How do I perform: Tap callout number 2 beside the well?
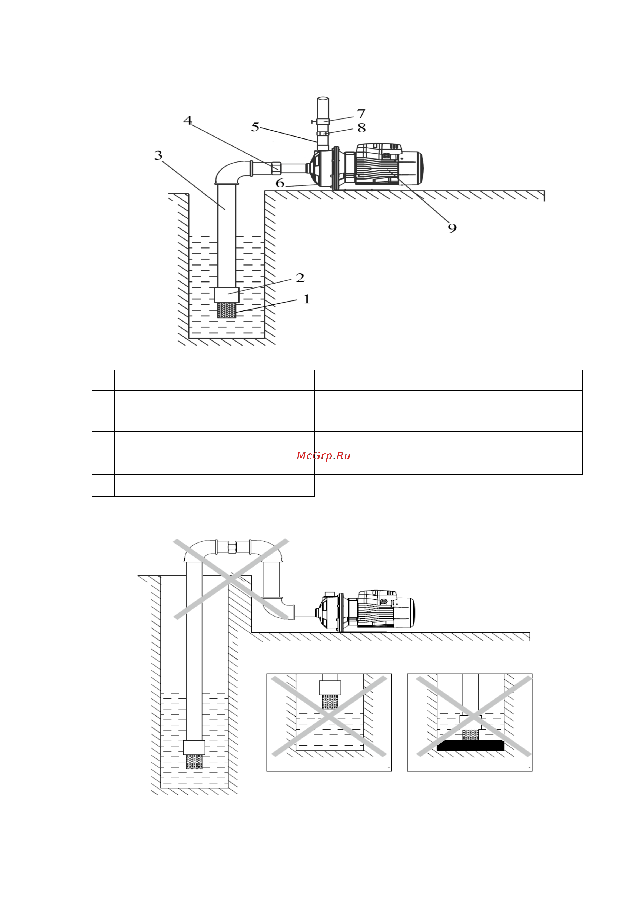click(x=300, y=278)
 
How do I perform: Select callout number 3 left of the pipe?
click(x=158, y=155)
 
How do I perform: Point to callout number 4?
click(x=188, y=120)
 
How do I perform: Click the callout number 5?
click(x=255, y=127)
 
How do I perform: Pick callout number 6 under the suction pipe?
click(x=280, y=183)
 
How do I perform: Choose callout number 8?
click(x=361, y=128)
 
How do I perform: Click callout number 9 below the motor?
click(x=452, y=228)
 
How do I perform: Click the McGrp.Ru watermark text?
click(x=323, y=456)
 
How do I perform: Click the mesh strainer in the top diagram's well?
click(x=227, y=310)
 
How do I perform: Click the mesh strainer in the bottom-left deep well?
click(x=194, y=762)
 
